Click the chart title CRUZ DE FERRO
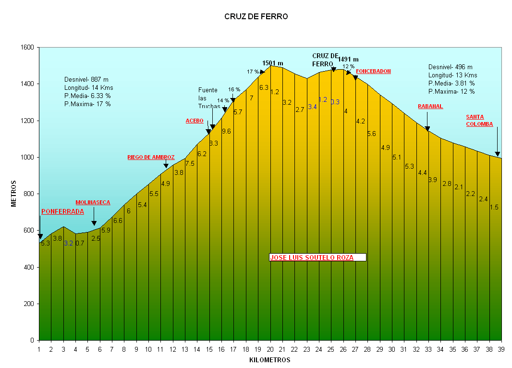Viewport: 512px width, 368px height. point(256,17)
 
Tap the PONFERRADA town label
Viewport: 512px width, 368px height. point(62,211)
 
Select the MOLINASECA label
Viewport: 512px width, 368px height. point(93,203)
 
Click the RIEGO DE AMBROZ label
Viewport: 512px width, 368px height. point(151,157)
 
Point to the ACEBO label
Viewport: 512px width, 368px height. point(195,121)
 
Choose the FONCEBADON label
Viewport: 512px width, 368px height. point(373,71)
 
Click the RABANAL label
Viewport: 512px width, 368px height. point(430,106)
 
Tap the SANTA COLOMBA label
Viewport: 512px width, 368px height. point(479,120)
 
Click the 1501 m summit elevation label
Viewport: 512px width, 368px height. point(273,63)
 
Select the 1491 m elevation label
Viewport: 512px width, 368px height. point(348,60)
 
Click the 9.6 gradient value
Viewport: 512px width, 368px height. point(226,131)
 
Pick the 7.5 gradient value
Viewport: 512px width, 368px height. point(190,163)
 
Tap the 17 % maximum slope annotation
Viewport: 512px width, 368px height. point(253,72)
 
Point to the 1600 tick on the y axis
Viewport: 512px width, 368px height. point(27,48)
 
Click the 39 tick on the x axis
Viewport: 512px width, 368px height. point(501,349)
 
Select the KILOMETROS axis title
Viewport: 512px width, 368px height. point(270,360)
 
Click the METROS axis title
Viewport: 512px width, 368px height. point(14,194)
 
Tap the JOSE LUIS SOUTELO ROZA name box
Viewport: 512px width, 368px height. point(317,258)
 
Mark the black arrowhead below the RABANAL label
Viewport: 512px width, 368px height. point(427,129)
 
